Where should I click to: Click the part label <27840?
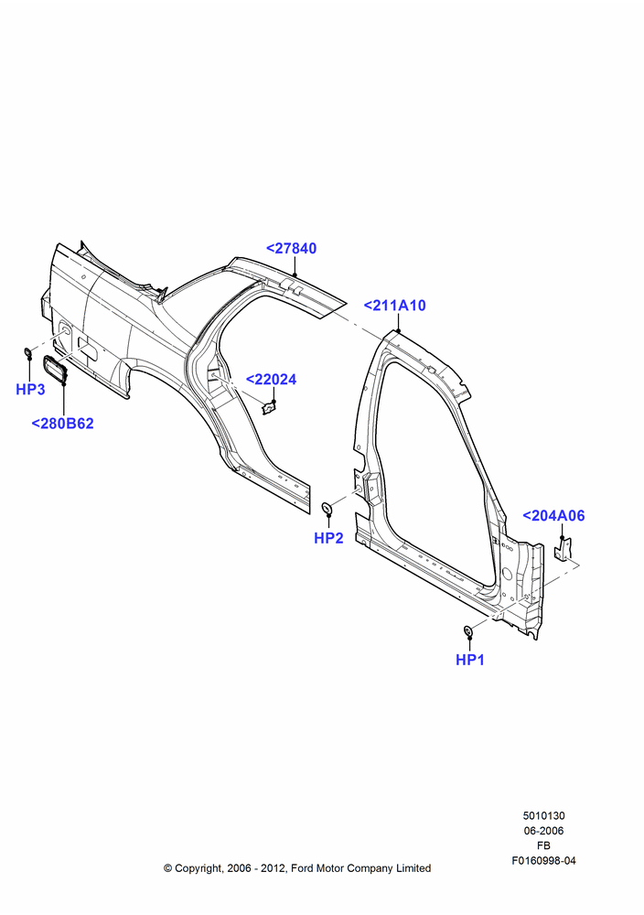coord(291,248)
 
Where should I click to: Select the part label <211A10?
coord(395,306)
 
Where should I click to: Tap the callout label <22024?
coord(272,380)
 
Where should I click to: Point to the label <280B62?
coord(62,423)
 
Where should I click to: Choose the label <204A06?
coord(553,515)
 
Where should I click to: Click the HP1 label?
coord(470,660)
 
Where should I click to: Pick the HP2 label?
coord(329,538)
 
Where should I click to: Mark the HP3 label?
coord(30,389)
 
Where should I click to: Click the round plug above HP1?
coord(467,630)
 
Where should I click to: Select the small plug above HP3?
coord(27,352)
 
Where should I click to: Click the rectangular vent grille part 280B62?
coord(56,370)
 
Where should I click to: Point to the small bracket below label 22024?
coord(269,408)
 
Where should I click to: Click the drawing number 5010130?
coord(543,816)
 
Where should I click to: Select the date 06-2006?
coord(543,831)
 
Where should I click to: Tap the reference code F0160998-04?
coord(543,860)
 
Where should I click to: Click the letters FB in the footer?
coord(543,845)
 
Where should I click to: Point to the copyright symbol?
coord(168,868)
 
